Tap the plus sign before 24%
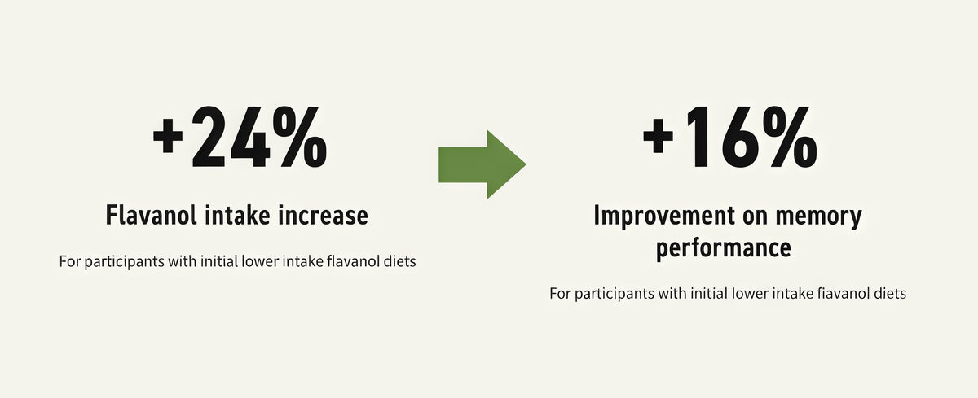(x=168, y=138)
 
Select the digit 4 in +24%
(x=249, y=137)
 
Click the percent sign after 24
(x=300, y=137)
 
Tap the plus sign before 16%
(x=658, y=138)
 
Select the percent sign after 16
(x=791, y=137)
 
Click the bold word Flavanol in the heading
(x=151, y=215)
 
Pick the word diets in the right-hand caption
(x=890, y=293)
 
